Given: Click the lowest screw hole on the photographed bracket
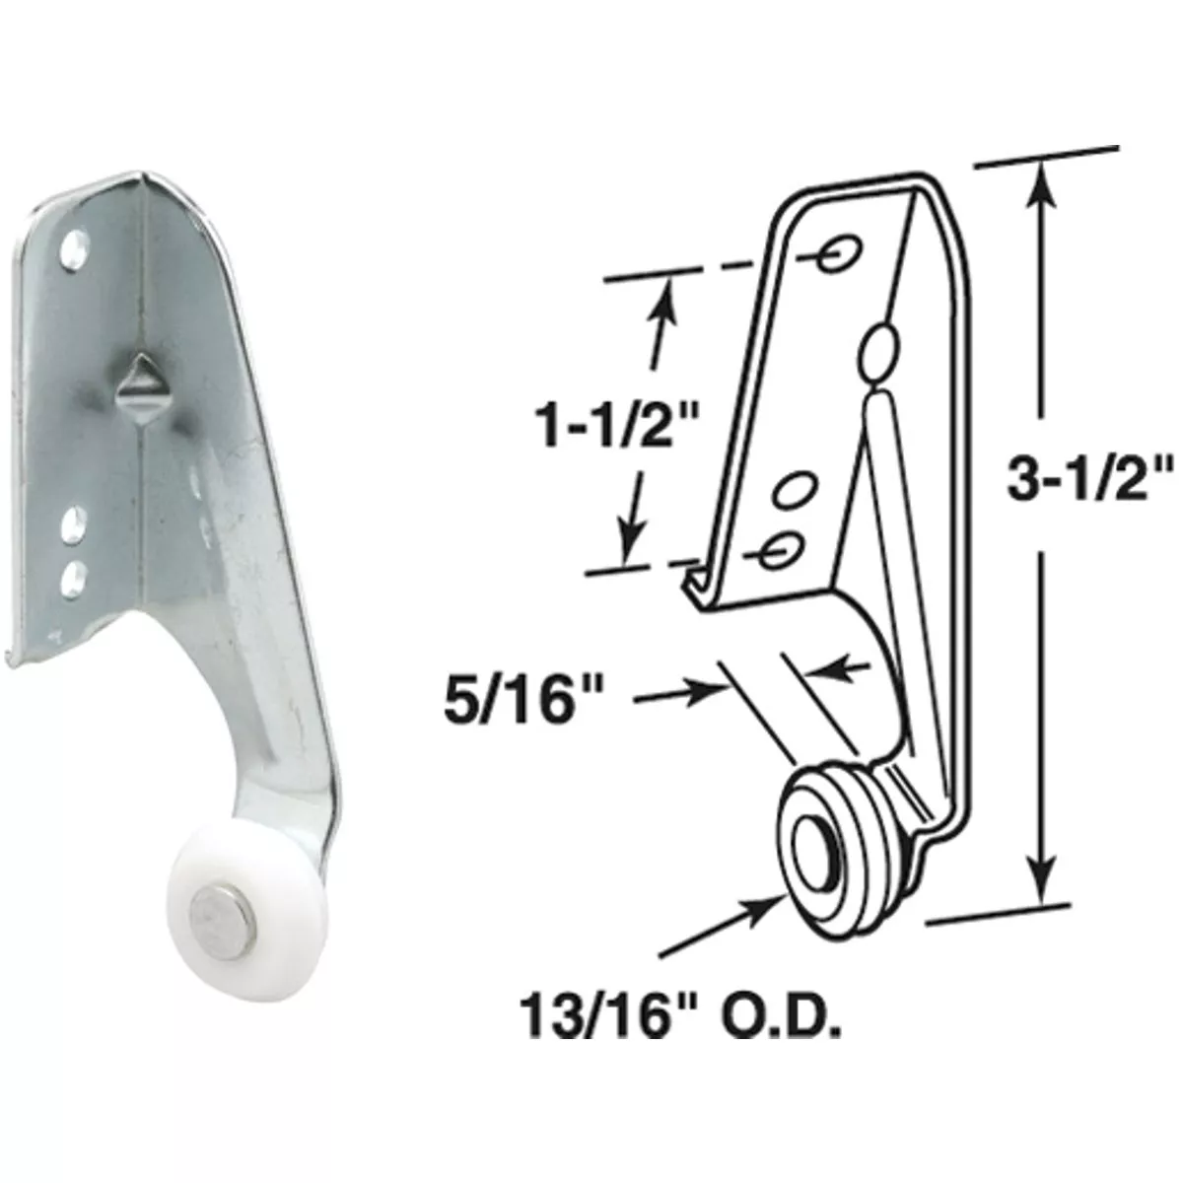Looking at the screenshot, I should coord(73,580).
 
